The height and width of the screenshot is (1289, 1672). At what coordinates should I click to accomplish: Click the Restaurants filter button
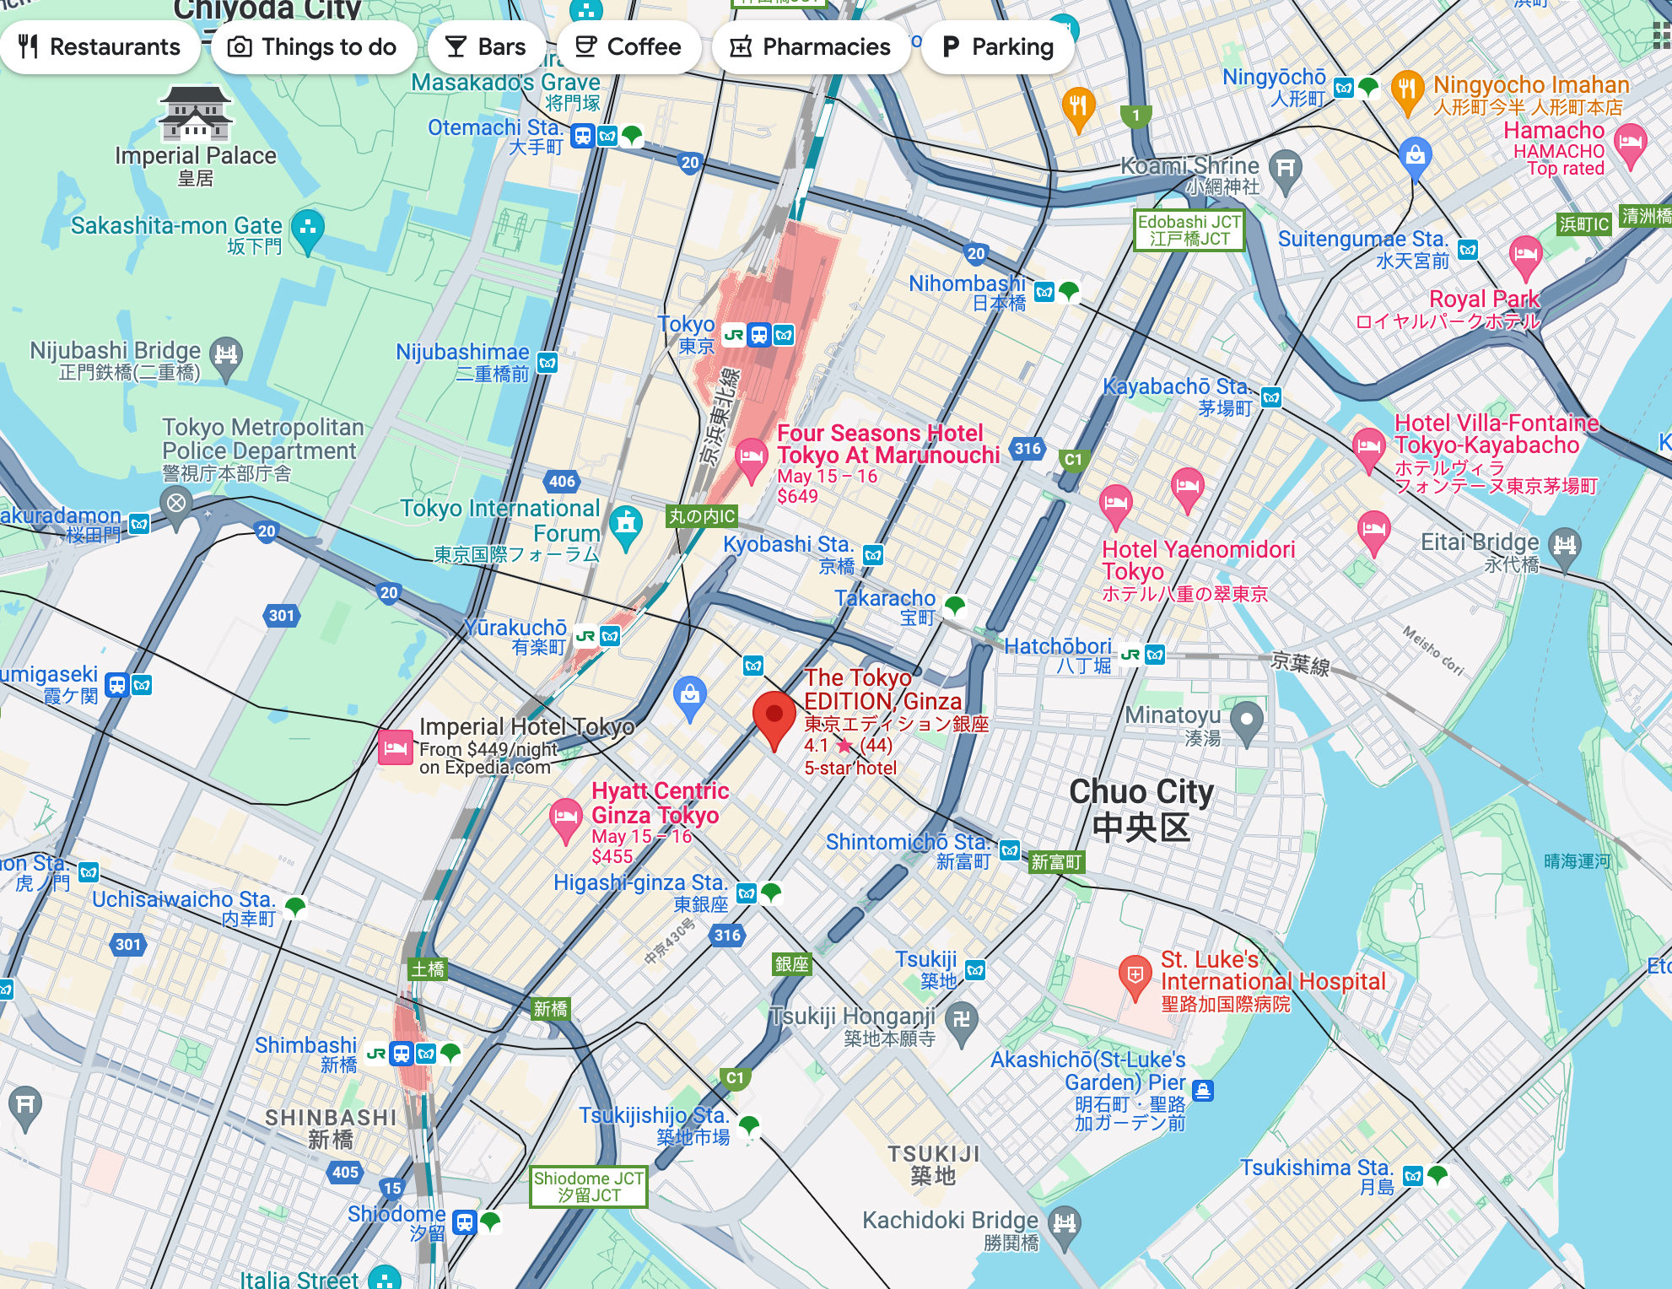[100, 46]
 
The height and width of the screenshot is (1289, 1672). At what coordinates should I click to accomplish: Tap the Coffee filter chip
[628, 46]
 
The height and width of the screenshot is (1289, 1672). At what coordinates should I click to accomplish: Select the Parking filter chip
[998, 46]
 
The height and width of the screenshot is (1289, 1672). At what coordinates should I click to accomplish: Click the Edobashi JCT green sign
[1189, 229]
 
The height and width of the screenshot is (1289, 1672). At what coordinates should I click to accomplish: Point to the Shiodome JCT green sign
[588, 1186]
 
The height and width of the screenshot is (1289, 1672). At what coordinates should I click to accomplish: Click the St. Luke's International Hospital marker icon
[1135, 975]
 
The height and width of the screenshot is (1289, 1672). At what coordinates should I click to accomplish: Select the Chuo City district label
[1141, 808]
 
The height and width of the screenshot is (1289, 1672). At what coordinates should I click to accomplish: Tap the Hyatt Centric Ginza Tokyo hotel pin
[565, 817]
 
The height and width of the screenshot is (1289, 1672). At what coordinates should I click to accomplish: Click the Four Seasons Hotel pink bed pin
[750, 457]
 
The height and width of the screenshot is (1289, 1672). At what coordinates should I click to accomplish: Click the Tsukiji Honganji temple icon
[961, 1019]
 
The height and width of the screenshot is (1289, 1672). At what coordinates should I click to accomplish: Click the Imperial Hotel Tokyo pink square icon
[395, 747]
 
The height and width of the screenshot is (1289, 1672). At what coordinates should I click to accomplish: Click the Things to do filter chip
[314, 46]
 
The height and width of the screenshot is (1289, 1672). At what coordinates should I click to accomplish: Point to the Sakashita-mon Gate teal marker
[307, 227]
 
